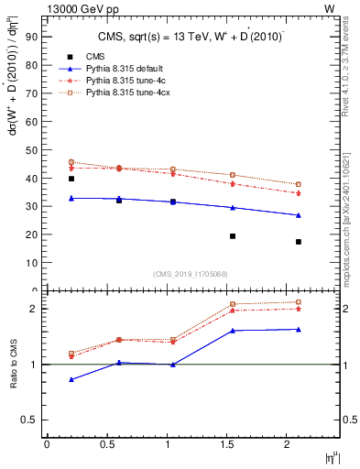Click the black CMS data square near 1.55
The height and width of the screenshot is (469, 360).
coord(233,236)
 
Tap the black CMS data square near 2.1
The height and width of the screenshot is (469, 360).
coord(299,242)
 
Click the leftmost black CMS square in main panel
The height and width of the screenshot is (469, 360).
coord(71,179)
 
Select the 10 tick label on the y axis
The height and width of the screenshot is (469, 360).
coord(31,262)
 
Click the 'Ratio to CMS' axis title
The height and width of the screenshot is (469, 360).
coord(15,365)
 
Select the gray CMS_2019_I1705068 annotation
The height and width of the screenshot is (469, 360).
coord(191,273)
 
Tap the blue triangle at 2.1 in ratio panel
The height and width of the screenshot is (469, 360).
coord(299,329)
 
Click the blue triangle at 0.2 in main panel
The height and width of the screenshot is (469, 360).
coord(71,198)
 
